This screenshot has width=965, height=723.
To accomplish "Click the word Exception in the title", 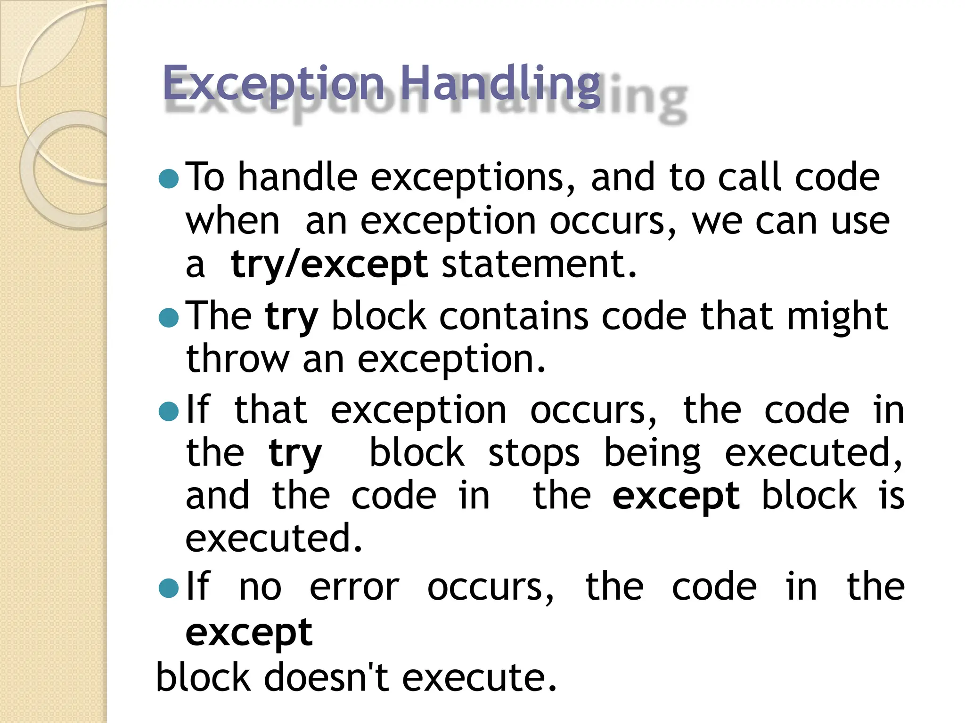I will point(273,84).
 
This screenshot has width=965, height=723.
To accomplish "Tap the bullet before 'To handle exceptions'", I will point(169,179).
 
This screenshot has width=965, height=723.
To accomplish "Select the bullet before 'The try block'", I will point(169,318).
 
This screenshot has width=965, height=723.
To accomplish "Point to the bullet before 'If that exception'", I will point(169,411).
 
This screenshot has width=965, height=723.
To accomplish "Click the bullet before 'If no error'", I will point(169,587).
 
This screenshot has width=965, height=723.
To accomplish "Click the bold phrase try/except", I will point(329,265).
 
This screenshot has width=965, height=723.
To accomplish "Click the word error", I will point(354,588).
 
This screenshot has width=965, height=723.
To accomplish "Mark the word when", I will point(233,221).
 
